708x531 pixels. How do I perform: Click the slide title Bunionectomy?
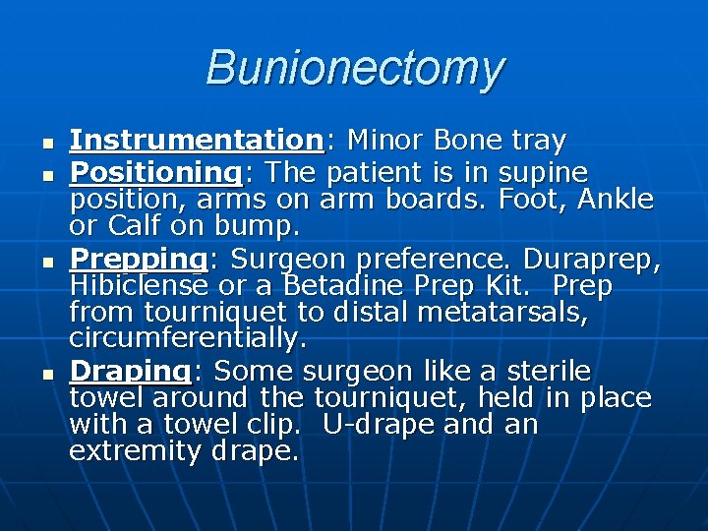[x=354, y=69]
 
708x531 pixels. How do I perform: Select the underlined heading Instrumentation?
[x=196, y=142]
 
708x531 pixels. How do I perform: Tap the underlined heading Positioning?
[x=155, y=173]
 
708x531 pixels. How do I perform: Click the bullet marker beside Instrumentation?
[x=45, y=144]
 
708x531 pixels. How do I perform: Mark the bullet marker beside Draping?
[x=45, y=374]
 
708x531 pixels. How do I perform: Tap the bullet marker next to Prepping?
[x=45, y=262]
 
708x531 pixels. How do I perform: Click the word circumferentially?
[x=188, y=338]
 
